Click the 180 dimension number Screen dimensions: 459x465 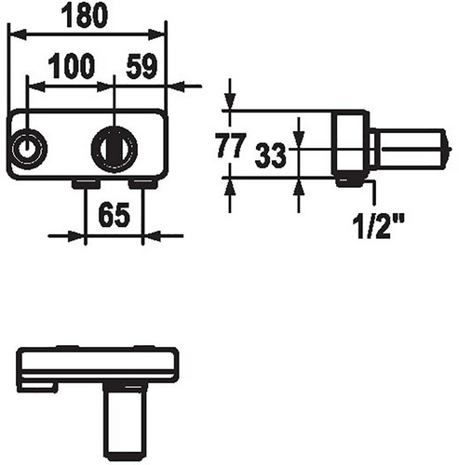(x=85, y=16)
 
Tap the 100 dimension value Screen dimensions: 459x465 (x=72, y=66)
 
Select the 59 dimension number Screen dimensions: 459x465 (x=142, y=66)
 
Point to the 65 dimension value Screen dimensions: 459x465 (x=114, y=214)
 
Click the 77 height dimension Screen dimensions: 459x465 (x=231, y=145)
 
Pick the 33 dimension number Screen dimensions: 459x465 (x=270, y=155)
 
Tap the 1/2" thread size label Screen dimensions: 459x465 (x=379, y=226)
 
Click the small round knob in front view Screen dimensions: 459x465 (x=28, y=149)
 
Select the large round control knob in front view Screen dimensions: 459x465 (x=115, y=149)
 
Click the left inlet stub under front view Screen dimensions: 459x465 (x=86, y=184)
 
